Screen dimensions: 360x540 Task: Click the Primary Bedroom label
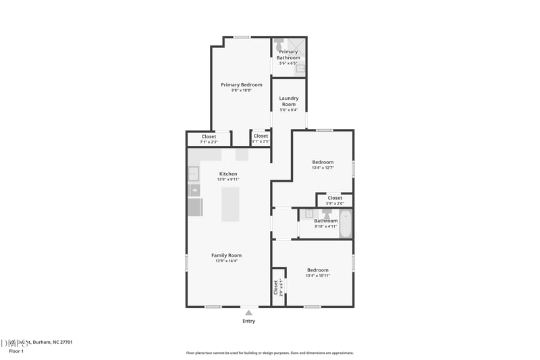(x=242, y=84)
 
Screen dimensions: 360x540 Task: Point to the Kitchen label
(x=228, y=174)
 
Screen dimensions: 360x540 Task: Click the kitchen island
(x=230, y=204)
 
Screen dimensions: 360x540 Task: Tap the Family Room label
(x=226, y=255)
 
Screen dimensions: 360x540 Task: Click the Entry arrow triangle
(x=249, y=312)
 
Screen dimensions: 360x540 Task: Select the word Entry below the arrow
(x=249, y=321)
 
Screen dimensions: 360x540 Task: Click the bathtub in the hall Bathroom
(x=345, y=224)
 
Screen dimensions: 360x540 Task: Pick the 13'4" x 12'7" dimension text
(x=323, y=168)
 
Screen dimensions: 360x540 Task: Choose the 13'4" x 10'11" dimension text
(x=318, y=276)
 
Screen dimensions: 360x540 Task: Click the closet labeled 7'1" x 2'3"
(x=209, y=138)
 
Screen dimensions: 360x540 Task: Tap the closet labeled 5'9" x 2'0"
(x=335, y=200)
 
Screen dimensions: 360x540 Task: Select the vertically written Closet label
(x=276, y=287)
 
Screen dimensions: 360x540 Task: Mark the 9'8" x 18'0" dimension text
(x=242, y=91)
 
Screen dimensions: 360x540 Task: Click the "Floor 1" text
(x=16, y=351)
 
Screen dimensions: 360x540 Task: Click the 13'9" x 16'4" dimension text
(x=226, y=261)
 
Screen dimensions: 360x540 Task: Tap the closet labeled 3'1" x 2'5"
(x=261, y=138)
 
